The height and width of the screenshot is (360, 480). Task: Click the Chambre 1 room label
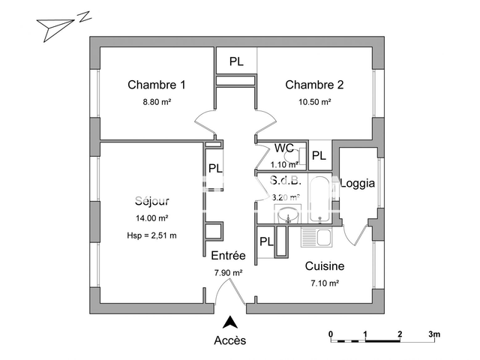156,85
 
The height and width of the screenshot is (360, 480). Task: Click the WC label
284,148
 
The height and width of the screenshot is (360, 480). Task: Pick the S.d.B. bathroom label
285,181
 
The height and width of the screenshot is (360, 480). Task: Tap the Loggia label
357,183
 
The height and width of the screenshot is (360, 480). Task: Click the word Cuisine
324,265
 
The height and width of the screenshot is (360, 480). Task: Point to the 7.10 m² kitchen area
325,283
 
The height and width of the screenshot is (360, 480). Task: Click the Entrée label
228,255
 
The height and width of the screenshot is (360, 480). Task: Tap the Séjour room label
152,201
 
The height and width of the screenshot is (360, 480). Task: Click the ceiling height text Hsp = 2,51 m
152,235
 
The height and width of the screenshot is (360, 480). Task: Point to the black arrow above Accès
231,322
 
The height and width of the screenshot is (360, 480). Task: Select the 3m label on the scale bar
434,333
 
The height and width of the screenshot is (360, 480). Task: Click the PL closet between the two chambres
236,61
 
